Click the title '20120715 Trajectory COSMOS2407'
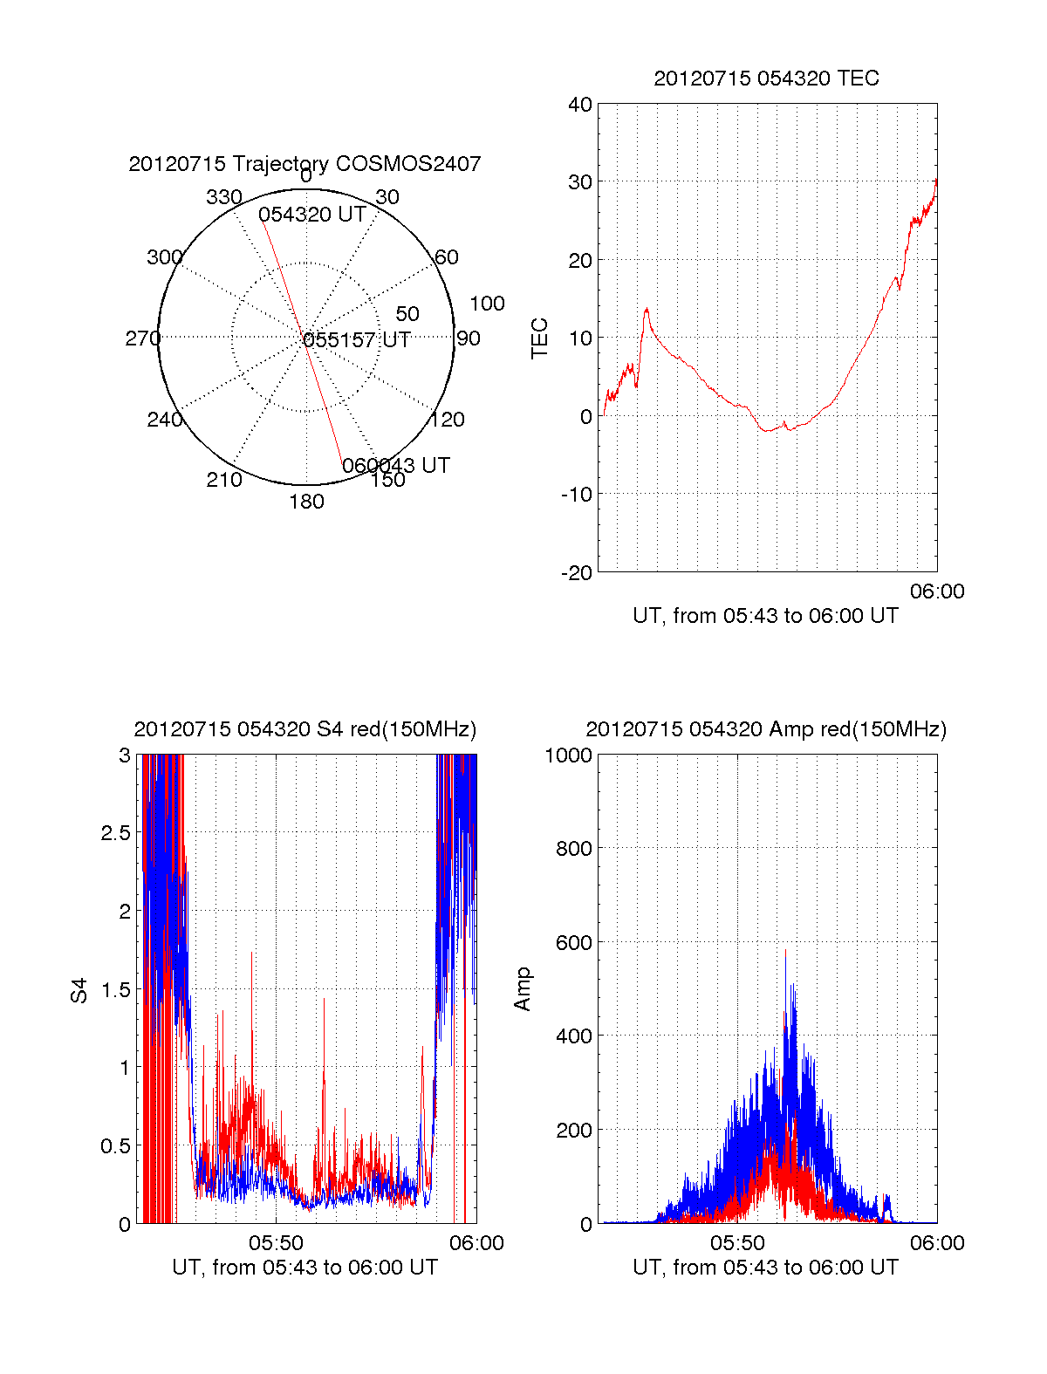pyautogui.click(x=305, y=164)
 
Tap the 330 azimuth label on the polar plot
pyautogui.click(x=223, y=197)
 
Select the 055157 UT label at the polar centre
pyautogui.click(x=357, y=340)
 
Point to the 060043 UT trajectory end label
pyautogui.click(x=396, y=466)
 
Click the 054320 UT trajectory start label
pyautogui.click(x=311, y=215)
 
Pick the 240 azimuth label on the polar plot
pyautogui.click(x=164, y=420)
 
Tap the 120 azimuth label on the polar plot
pyautogui.click(x=448, y=420)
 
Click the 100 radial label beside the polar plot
pyautogui.click(x=487, y=304)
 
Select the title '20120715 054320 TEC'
pyautogui.click(x=766, y=79)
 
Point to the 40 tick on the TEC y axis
pyautogui.click(x=580, y=105)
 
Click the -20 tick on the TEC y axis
pyautogui.click(x=577, y=572)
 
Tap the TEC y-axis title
pyautogui.click(x=540, y=338)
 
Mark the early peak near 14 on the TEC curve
pyautogui.click(x=647, y=309)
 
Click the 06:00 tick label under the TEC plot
pyautogui.click(x=937, y=591)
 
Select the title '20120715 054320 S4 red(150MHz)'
pyautogui.click(x=305, y=729)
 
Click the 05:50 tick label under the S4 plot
pyautogui.click(x=276, y=1243)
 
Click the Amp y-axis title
pyautogui.click(x=523, y=988)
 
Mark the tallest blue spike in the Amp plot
pyautogui.click(x=785, y=950)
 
